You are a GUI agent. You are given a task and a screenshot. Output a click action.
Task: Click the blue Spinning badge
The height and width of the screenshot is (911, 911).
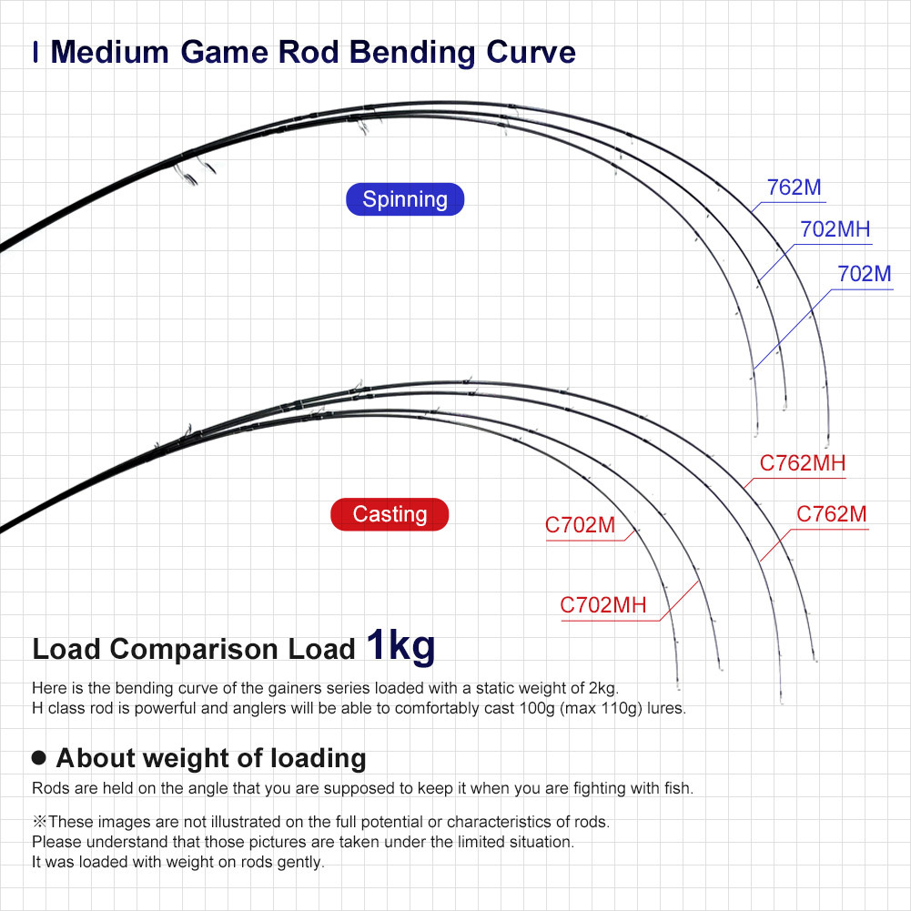(405, 199)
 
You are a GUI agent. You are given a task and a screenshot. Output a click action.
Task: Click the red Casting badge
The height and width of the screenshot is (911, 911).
(390, 514)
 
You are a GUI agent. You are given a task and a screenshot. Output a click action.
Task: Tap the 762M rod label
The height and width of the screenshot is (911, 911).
(794, 187)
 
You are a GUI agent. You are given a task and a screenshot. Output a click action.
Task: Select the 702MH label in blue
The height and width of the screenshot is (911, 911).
(835, 229)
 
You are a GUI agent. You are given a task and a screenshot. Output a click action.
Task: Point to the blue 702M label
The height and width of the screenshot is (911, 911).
(864, 274)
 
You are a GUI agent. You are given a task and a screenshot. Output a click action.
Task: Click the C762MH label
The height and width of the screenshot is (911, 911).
(803, 463)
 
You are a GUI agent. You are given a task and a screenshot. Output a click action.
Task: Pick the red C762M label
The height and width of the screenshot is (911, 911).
(832, 513)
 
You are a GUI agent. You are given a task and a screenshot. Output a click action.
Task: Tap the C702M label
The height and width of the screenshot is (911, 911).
(580, 524)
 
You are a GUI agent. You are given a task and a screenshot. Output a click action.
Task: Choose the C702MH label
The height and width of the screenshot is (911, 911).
(603, 605)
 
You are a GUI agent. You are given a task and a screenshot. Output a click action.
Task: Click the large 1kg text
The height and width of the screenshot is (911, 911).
(400, 646)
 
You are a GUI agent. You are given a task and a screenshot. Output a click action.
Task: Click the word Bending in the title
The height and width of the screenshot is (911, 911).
(412, 52)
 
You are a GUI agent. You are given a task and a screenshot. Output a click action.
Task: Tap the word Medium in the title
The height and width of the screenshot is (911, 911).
(110, 52)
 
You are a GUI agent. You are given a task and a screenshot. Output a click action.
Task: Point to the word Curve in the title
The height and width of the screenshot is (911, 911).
(531, 52)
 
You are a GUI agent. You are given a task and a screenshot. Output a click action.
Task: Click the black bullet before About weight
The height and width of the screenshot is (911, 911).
(39, 757)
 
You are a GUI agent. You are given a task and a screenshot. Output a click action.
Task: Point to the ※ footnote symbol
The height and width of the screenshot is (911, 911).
(39, 822)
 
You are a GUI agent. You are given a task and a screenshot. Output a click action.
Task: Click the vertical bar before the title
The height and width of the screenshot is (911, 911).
(36, 52)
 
